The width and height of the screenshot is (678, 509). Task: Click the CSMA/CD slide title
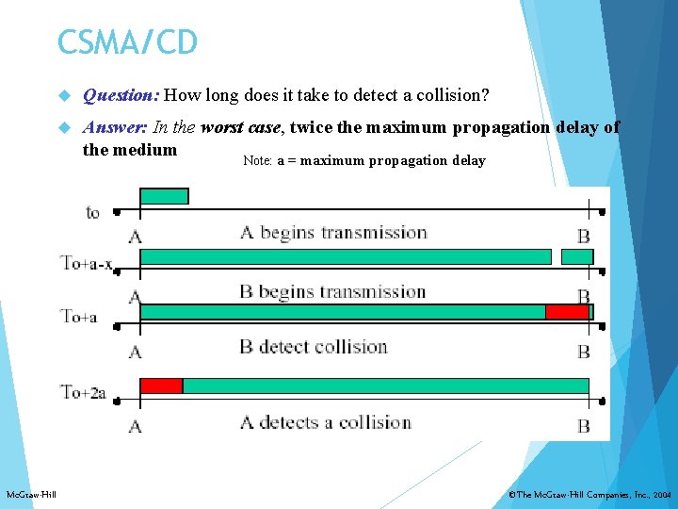coord(127,41)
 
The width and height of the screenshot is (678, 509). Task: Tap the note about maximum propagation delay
coord(363,160)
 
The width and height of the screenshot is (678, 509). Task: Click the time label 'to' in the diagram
coord(92,212)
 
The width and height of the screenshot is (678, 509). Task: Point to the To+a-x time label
coord(87,262)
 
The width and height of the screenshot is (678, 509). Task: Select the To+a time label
coord(79,316)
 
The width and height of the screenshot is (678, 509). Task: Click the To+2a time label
coord(83,391)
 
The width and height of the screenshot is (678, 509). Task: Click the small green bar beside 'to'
coord(164,196)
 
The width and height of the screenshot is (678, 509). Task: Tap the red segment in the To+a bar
coord(567,312)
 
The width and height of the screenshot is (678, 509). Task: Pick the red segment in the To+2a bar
coord(161,385)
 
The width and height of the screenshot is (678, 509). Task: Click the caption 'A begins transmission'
coord(333,233)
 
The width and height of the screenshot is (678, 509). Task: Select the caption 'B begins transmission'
coord(332,291)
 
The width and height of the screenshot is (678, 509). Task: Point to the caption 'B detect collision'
coord(313,347)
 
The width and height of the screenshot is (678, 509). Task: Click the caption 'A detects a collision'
coord(325,421)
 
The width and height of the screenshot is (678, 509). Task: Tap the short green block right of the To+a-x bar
coord(576,256)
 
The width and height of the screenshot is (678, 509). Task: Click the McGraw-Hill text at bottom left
coord(31,495)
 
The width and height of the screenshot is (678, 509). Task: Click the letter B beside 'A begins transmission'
coord(584,236)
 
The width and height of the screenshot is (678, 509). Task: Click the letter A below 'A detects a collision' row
coord(135,426)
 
